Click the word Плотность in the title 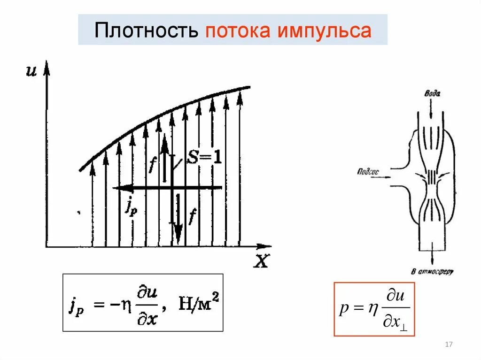[x=147, y=31]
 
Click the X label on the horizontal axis [x=261, y=261]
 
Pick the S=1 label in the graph [x=204, y=158]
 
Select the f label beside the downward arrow [x=192, y=216]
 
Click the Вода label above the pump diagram [x=432, y=93]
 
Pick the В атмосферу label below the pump [x=432, y=271]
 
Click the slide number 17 [x=448, y=345]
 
